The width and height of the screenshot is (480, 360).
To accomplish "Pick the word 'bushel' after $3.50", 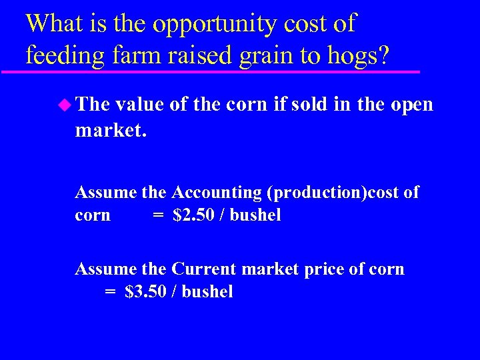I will [x=207, y=292].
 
